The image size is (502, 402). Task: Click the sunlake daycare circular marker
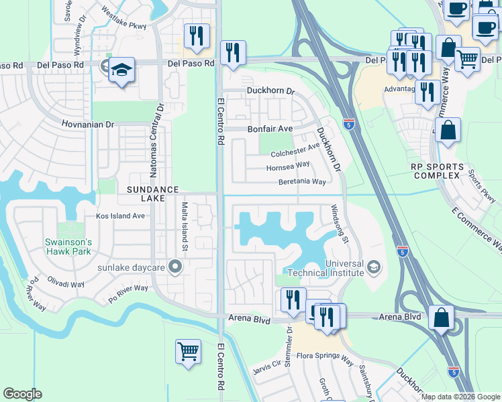click(176, 267)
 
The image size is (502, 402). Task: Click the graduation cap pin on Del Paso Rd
click(121, 70)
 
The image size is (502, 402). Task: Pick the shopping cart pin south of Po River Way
click(188, 351)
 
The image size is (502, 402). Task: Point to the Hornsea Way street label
click(288, 165)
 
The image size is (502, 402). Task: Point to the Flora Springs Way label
click(325, 359)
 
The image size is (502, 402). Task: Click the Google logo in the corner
click(22, 394)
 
